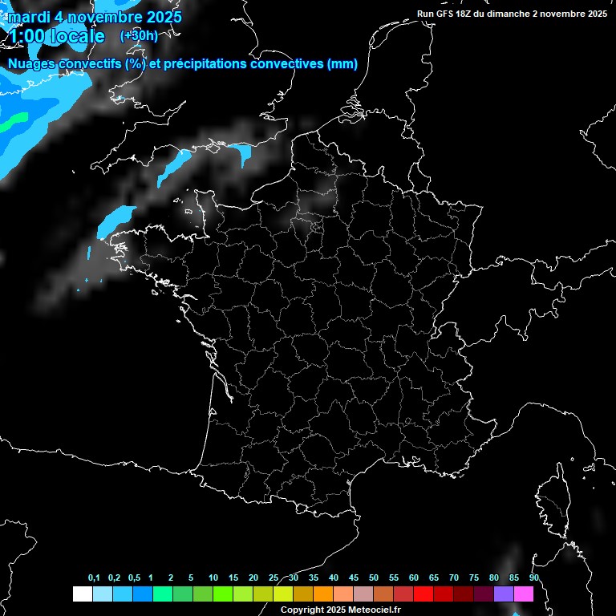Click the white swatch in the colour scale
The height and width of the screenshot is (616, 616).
coord(82,594)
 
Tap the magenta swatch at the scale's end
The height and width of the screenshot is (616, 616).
coord(524,594)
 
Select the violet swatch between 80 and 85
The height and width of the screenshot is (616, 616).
coord(504,594)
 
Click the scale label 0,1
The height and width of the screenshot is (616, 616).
coord(94,578)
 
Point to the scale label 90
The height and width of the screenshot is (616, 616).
coord(534,578)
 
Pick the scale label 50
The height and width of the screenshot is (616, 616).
coord(374,578)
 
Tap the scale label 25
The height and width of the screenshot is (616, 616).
coord(274,578)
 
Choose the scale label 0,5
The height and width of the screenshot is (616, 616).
coord(134,578)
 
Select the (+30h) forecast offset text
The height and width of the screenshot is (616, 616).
coord(139,35)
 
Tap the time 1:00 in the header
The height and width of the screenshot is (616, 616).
coord(27,36)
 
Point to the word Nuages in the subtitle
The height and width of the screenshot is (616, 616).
coord(31,64)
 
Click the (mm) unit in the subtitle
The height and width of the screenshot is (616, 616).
coord(342,64)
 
